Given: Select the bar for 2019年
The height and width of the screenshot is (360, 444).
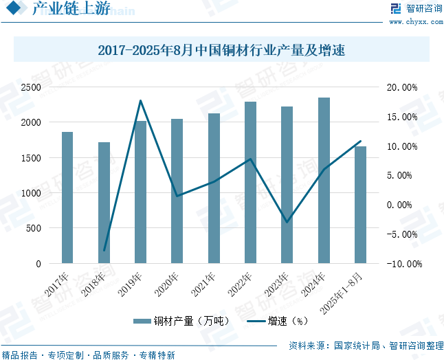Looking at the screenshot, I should point(140,192).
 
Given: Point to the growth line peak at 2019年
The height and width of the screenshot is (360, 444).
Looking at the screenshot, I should point(140,101).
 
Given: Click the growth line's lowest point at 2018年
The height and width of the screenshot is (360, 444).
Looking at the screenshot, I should point(104,251).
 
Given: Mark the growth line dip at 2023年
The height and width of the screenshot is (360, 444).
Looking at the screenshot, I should point(287,222).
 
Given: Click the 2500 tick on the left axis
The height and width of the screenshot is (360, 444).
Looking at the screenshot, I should point(30,87).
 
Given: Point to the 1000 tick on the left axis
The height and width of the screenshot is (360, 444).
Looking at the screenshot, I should point(30,193).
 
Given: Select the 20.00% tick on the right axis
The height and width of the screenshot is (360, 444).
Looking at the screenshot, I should point(401,87).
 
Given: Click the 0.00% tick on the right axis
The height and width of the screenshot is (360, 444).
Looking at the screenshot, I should point(403,205).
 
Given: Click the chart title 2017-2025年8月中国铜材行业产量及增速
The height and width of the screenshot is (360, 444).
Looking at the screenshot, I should point(221,51).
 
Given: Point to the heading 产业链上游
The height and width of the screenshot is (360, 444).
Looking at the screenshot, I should point(60,10).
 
